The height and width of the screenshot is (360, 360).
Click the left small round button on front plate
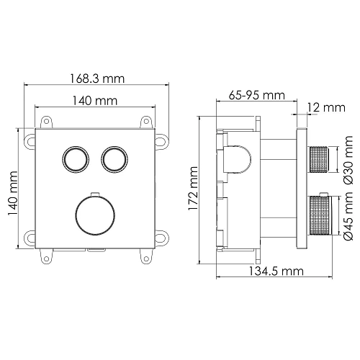click(73, 158)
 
